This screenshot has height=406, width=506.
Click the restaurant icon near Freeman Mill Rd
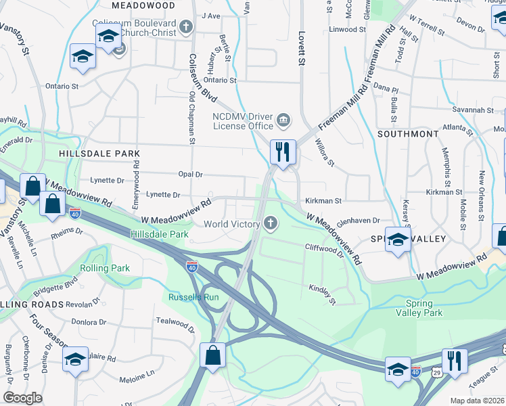(x=283, y=152)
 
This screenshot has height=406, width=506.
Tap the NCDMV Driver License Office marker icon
(x=283, y=120)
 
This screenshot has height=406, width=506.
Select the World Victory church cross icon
(x=271, y=223)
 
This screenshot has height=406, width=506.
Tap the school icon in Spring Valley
(x=398, y=240)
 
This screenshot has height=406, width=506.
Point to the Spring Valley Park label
(x=424, y=308)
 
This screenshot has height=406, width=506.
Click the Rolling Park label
(x=105, y=269)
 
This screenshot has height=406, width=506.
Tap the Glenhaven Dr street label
(x=358, y=221)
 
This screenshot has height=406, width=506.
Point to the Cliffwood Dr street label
(x=324, y=248)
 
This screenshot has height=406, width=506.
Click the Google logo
(x=23, y=398)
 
